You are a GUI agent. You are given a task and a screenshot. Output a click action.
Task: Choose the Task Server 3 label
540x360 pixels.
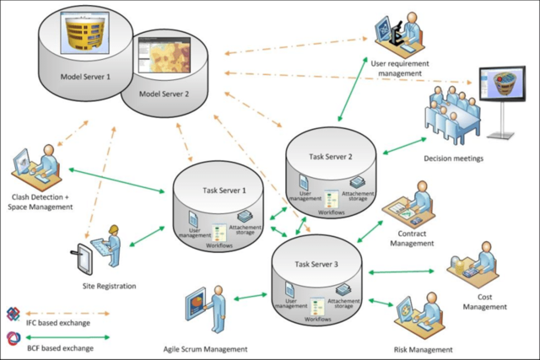point(316,264)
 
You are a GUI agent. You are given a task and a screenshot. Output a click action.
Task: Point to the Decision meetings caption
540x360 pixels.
point(454,159)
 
